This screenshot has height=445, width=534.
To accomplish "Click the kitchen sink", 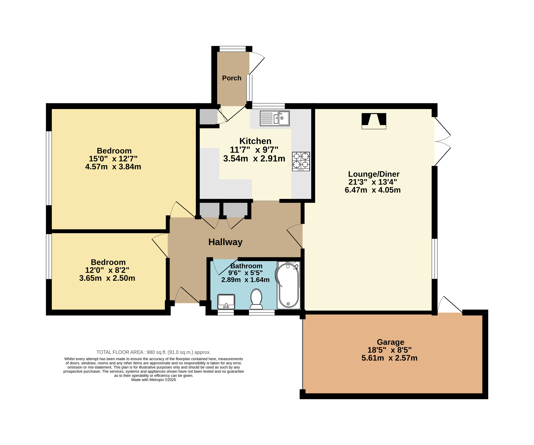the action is pos(275,118).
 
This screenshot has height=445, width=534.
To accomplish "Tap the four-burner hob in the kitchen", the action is pos(301,161).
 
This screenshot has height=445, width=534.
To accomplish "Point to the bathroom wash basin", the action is pos(226,302).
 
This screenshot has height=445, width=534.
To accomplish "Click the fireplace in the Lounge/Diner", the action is pos(374,121).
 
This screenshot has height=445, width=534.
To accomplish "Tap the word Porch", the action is pos(232,78).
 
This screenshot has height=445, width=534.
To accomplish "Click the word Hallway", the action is pos(225,242).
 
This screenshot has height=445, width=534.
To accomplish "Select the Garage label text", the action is pos(390,342).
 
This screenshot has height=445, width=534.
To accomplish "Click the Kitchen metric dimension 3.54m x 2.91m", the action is pos(254,158).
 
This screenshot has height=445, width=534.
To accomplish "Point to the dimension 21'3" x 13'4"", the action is pos(373,182).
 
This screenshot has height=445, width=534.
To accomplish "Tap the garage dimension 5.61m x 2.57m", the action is pos(389,358).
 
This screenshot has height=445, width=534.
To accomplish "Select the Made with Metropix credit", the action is pos(154,380).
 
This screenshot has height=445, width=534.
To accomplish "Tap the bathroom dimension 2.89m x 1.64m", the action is pos(245,280).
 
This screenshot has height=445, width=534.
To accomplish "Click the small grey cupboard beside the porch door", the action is pos(208,117).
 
